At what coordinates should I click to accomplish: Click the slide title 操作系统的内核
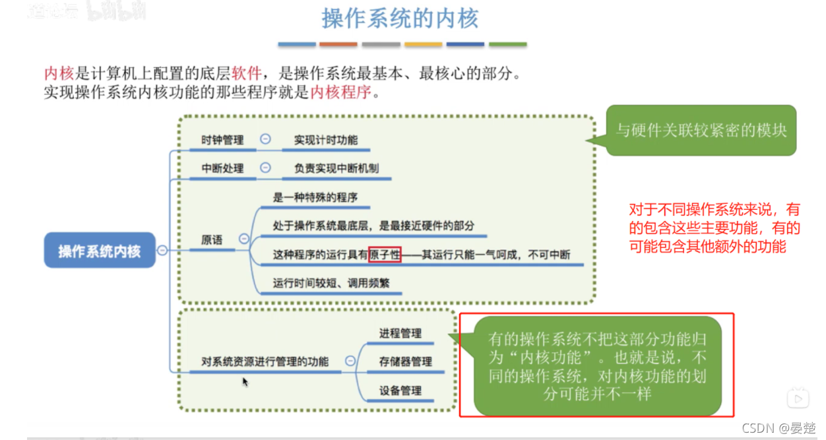tap(400, 18)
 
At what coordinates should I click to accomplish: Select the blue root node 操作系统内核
tap(100, 251)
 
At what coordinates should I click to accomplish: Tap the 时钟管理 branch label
tap(222, 140)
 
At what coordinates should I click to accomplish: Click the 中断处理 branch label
tap(222, 168)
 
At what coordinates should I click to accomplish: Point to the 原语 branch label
tap(212, 239)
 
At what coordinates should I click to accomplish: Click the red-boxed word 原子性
tap(385, 255)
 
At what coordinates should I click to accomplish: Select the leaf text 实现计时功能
tap(326, 140)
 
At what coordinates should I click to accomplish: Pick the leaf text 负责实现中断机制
tap(336, 168)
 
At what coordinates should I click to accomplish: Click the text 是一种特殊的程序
tap(315, 197)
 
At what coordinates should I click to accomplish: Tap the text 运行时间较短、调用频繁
tap(331, 283)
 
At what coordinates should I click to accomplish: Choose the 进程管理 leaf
tap(400, 333)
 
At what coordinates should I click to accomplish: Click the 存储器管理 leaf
tap(406, 361)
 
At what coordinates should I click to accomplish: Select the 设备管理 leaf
tap(400, 390)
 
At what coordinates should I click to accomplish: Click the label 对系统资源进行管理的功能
tap(265, 361)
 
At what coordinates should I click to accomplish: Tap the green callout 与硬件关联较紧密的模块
tap(701, 130)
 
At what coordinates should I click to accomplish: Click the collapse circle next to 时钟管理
tap(266, 139)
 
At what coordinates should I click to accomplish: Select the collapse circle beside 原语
tap(244, 239)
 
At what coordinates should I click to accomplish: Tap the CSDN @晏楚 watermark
tap(778, 428)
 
